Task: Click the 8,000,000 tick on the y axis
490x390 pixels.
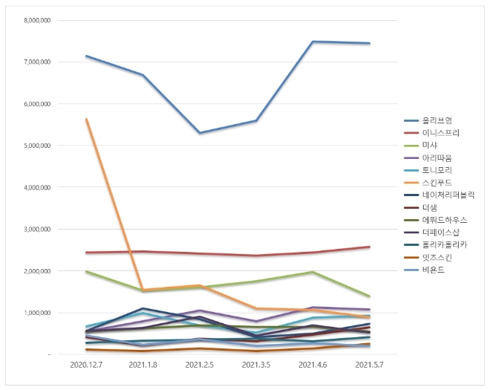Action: coord(35,20)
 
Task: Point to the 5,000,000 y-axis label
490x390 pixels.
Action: coord(35,146)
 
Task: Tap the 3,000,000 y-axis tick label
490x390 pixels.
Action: coord(35,230)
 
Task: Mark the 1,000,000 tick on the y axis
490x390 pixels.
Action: coord(35,313)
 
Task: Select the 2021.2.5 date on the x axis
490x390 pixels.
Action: coord(199,365)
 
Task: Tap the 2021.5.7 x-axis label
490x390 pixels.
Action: coord(370,365)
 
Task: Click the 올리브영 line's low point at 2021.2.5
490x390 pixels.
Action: coord(199,133)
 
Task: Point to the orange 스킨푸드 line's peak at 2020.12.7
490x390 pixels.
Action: coord(87,119)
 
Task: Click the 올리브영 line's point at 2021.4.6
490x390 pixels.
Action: coord(313,42)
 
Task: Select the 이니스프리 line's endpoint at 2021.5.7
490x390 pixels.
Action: coord(370,247)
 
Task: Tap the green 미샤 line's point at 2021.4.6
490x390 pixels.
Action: coord(313,272)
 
